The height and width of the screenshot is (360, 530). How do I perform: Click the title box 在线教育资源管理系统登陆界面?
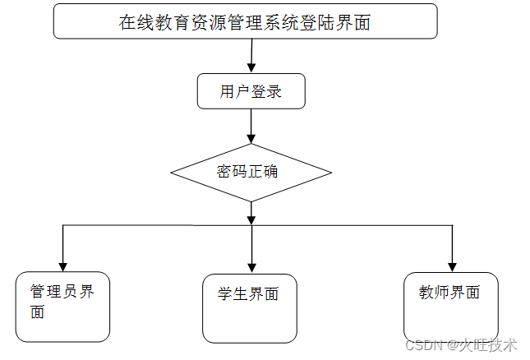(x=245, y=21)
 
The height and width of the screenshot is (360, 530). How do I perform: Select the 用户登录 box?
(x=251, y=91)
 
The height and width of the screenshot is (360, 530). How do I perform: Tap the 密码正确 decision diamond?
(x=251, y=173)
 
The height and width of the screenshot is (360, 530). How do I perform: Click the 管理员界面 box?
(x=62, y=307)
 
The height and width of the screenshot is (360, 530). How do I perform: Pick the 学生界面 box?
(x=250, y=307)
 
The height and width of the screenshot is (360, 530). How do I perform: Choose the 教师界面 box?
(x=450, y=305)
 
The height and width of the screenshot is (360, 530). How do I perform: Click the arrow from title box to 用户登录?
(x=251, y=57)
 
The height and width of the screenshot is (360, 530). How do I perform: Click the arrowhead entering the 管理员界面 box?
(x=62, y=265)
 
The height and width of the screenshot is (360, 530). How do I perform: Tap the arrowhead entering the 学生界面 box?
(x=251, y=268)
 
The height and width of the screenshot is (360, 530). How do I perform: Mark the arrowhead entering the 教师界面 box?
(x=451, y=265)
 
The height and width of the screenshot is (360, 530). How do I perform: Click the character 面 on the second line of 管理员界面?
(x=37, y=312)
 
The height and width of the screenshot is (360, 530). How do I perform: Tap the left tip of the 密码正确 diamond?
(x=172, y=173)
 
